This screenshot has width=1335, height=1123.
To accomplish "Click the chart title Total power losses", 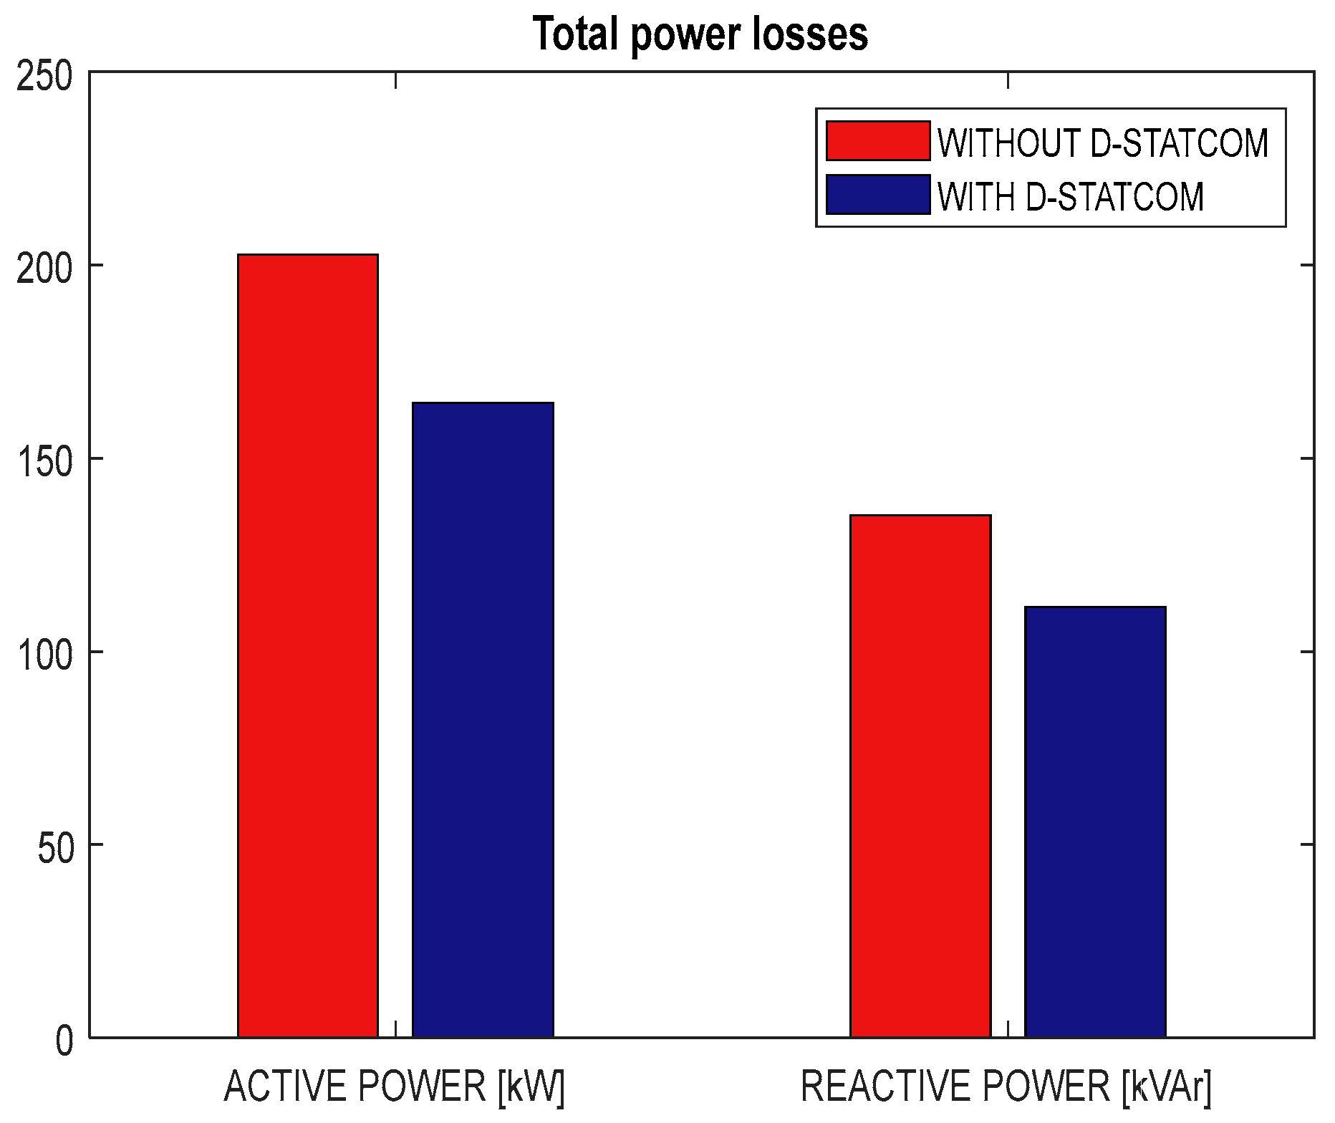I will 700,34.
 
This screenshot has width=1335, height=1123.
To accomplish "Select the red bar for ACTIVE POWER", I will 308,645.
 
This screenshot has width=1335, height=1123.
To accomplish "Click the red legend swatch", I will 878,140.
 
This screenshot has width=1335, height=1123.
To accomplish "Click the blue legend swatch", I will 878,194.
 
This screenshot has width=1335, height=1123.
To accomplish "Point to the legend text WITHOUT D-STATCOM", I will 1103,143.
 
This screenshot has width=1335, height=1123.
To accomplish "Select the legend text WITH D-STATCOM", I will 1071,196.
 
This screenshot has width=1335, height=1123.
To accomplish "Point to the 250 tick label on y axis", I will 44,76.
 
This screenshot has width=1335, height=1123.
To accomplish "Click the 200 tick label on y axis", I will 44,269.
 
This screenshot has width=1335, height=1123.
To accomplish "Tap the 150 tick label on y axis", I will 44,463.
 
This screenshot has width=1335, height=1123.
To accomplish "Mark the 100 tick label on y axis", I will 44,656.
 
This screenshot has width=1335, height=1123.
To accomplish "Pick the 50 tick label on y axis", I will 55,849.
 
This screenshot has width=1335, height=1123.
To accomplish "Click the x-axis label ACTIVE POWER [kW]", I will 395,1086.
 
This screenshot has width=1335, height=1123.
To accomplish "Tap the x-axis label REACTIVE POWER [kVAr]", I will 1006,1086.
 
